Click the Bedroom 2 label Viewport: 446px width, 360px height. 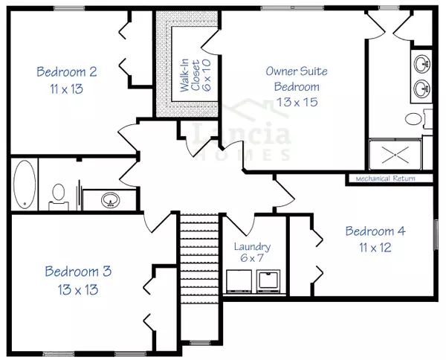pyautogui.click(x=66, y=72)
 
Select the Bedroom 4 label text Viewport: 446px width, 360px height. pyautogui.click(x=375, y=231)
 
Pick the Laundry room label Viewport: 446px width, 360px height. pyautogui.click(x=252, y=247)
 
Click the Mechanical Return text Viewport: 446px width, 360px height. pyautogui.click(x=384, y=179)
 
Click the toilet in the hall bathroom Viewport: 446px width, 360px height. pyautogui.click(x=58, y=195)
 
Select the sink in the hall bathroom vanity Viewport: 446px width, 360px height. pyautogui.click(x=110, y=199)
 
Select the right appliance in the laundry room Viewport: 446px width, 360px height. pyautogui.click(x=267, y=280)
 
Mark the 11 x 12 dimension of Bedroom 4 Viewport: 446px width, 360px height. pyautogui.click(x=375, y=247)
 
